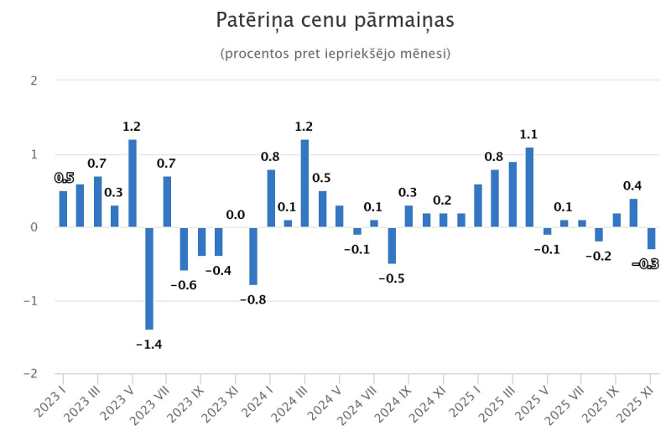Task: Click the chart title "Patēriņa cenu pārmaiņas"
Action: point(335,20)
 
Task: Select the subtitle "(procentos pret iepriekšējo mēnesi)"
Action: point(335,54)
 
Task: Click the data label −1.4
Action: point(149,344)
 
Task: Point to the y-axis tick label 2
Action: point(34,81)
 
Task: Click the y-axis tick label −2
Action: point(31,373)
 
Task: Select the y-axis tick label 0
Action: point(34,227)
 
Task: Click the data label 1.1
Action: point(529,134)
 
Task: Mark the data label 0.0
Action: point(236,215)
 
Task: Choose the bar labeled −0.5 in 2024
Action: point(392,245)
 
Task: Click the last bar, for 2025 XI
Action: point(651,238)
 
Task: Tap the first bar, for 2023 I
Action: point(63,209)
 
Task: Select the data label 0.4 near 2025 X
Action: point(633,185)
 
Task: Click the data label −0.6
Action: point(184,285)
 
